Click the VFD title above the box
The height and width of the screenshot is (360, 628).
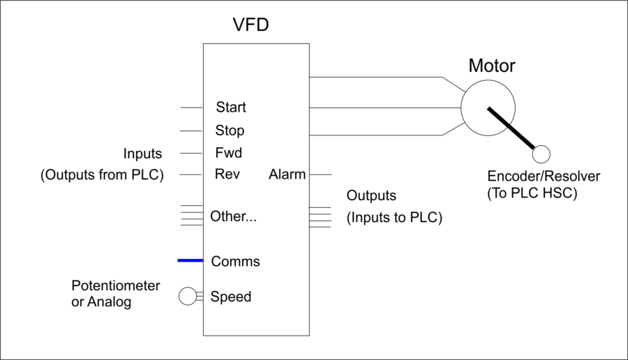(x=251, y=26)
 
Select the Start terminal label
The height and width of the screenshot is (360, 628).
(x=231, y=107)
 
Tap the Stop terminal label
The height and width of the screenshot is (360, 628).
(x=230, y=130)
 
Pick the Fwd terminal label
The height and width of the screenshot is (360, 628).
(x=228, y=153)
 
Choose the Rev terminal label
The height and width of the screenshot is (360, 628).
(x=227, y=174)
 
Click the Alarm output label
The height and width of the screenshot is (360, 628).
(x=287, y=174)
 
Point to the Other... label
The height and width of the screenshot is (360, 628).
(x=234, y=216)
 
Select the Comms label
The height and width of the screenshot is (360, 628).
(x=235, y=262)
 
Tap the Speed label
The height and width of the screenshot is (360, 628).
(x=231, y=297)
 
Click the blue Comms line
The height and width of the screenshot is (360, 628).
(x=190, y=261)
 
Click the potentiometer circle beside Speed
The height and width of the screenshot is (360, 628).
(x=187, y=297)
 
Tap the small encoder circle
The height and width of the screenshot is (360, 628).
(x=541, y=154)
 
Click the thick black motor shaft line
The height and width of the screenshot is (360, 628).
(x=511, y=128)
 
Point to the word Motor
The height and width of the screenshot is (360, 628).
(x=491, y=66)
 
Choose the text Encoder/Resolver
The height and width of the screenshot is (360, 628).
(x=544, y=176)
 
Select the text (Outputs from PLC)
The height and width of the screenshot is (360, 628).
(x=102, y=174)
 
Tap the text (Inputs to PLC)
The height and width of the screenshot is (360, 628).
(x=394, y=217)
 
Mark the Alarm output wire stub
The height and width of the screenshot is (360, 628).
(x=320, y=174)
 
